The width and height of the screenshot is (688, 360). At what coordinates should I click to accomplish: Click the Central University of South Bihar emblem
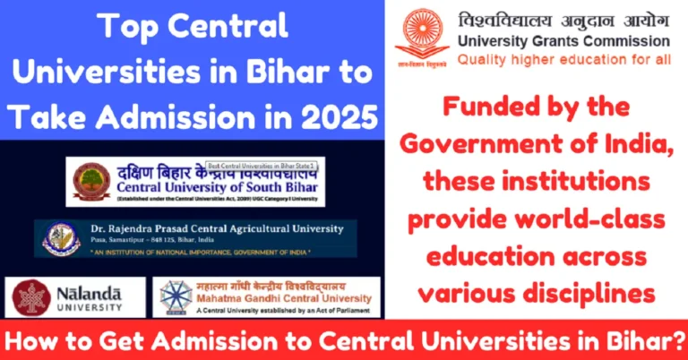tap(91, 181)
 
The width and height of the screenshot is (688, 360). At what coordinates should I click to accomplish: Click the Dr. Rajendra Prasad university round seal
tap(60, 238)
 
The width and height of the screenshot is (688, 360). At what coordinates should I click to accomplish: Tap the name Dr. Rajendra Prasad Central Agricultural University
tap(215, 229)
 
